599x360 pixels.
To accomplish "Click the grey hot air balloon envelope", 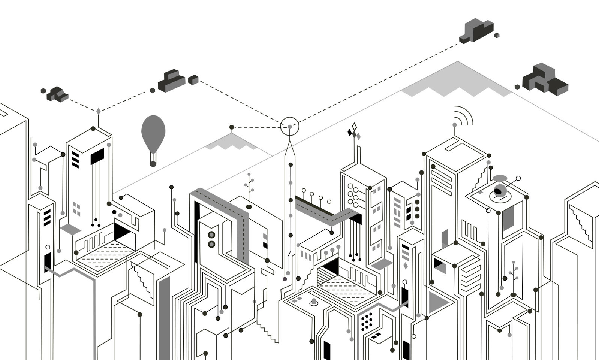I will pyautogui.click(x=153, y=130).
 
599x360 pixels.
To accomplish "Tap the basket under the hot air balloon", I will pyautogui.click(x=153, y=163).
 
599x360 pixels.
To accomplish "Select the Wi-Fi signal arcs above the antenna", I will pyautogui.click(x=464, y=115).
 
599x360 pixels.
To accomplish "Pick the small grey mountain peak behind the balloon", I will pyautogui.click(x=231, y=141).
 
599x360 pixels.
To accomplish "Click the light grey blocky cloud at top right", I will pyautogui.click(x=477, y=30).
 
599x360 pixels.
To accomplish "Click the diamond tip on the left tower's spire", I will pyautogui.click(x=98, y=111).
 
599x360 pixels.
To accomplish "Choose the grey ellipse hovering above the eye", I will pyautogui.click(x=500, y=178).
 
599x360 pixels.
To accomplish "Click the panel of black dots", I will pyautogui.click(x=367, y=321).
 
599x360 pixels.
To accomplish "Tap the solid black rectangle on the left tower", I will pyautogui.click(x=97, y=156).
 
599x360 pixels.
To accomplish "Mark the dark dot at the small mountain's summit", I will pyautogui.click(x=232, y=127).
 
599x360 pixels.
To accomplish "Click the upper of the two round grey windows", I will pyautogui.click(x=211, y=235).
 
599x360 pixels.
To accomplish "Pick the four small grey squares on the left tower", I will pyautogui.click(x=76, y=209).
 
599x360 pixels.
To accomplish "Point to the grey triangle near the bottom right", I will pyautogui.click(x=437, y=301).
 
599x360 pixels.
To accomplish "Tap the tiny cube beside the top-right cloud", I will pyautogui.click(x=497, y=36).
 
